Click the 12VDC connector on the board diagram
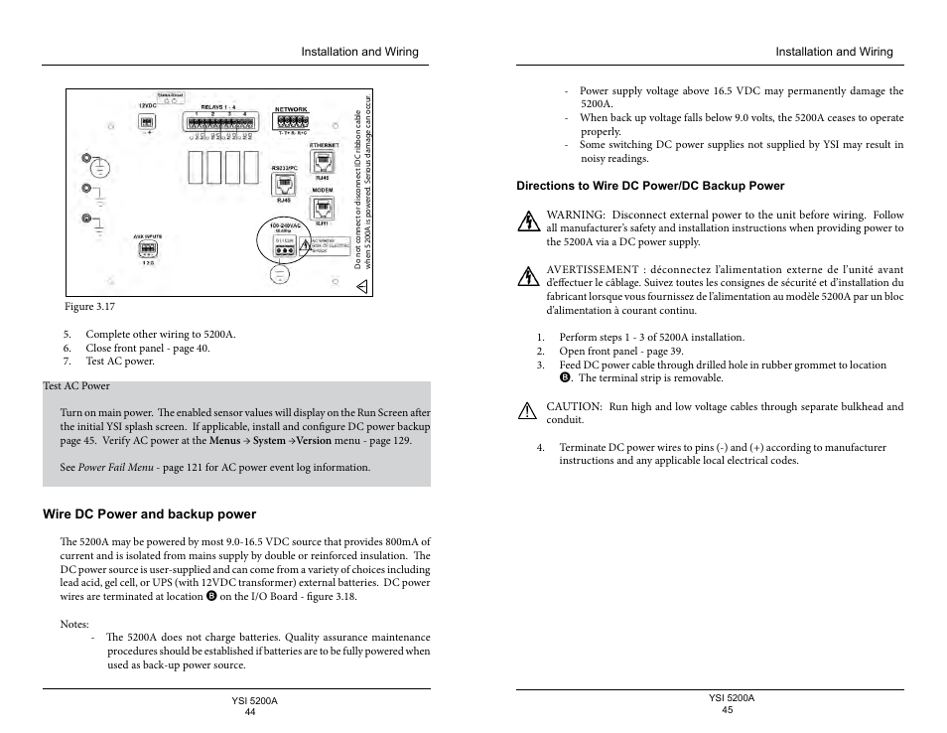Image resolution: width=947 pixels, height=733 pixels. (147, 121)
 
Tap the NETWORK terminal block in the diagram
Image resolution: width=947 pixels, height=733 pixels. (291, 122)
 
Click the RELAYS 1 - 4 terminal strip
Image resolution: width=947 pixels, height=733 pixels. (219, 122)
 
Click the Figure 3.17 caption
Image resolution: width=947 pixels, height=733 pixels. (90, 307)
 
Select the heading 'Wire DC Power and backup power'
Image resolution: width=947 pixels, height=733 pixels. (149, 514)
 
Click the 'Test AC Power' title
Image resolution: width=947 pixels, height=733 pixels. (76, 386)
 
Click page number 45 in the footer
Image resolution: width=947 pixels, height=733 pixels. (728, 709)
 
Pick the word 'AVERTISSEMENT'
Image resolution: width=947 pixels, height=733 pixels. (593, 269)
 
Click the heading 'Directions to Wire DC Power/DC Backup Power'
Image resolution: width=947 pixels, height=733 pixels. (650, 186)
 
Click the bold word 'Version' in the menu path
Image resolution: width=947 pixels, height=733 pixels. (315, 441)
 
